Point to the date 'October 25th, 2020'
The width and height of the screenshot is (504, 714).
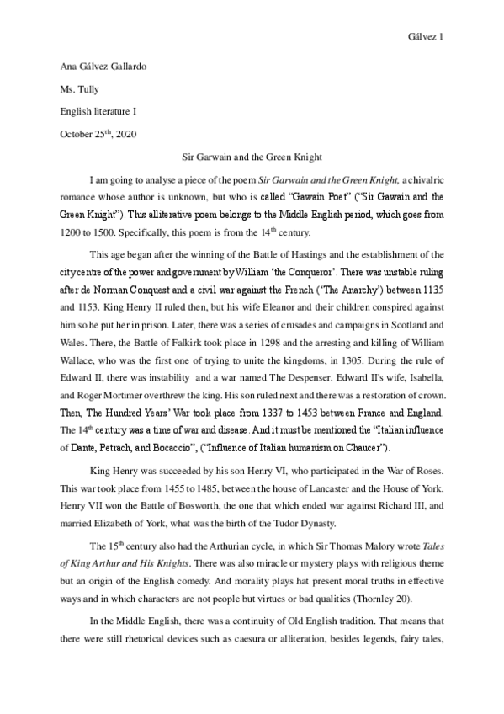coord(98,133)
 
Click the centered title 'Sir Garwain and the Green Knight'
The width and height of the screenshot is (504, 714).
coord(252,157)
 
